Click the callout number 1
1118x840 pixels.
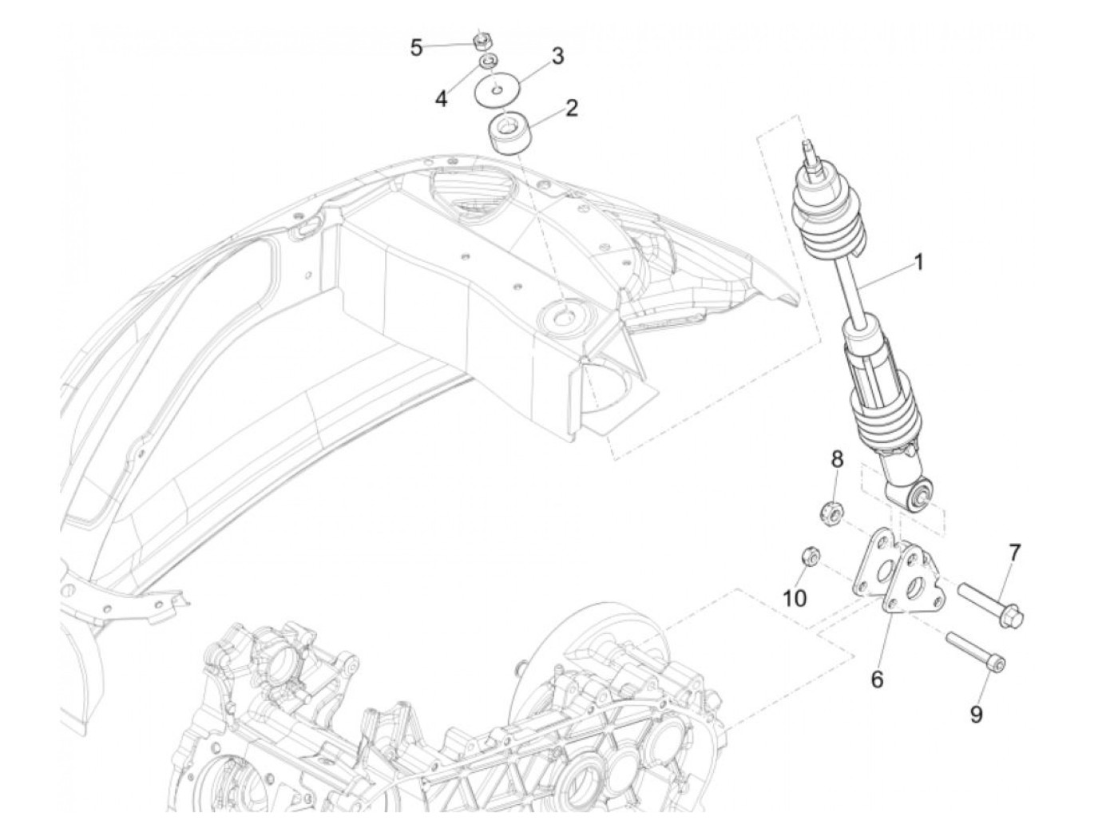pyautogui.click(x=918, y=261)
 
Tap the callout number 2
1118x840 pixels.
pyautogui.click(x=571, y=109)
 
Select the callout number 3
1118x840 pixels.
pyautogui.click(x=557, y=56)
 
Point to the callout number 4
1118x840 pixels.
pyautogui.click(x=441, y=98)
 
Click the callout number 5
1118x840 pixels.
pyautogui.click(x=416, y=48)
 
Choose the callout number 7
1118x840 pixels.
pyautogui.click(x=1014, y=552)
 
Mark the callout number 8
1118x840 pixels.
pyautogui.click(x=837, y=459)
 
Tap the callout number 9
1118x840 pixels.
pyautogui.click(x=976, y=714)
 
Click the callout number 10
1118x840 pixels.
pyautogui.click(x=795, y=598)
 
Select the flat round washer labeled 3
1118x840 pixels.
pyautogui.click(x=497, y=89)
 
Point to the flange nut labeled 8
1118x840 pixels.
pyautogui.click(x=830, y=512)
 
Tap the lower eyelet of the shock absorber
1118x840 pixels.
pyautogui.click(x=920, y=496)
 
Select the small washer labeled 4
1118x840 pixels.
pyautogui.click(x=487, y=61)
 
